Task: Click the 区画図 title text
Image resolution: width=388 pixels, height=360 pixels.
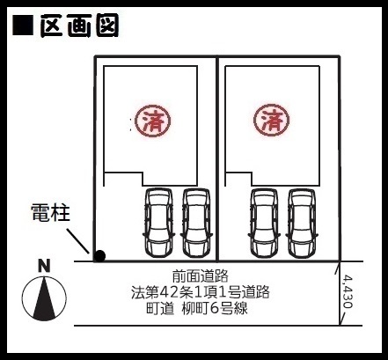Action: click(x=79, y=26)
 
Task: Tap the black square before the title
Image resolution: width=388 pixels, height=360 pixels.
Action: click(x=23, y=26)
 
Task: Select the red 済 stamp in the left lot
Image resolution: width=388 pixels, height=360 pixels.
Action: click(x=152, y=121)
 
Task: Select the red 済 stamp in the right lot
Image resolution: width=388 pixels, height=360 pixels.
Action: click(x=271, y=120)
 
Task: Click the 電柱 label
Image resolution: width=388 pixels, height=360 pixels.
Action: click(x=50, y=212)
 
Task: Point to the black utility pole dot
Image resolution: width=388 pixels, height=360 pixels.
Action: click(x=99, y=256)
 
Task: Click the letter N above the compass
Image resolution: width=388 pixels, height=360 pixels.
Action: click(x=44, y=266)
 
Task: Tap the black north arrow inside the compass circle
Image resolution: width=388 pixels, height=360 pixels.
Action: click(x=44, y=298)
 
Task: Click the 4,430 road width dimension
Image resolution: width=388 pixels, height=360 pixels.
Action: click(x=348, y=291)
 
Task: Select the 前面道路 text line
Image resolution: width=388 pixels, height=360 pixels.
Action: click(x=200, y=276)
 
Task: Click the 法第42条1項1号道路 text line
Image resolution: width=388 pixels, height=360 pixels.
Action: click(x=200, y=292)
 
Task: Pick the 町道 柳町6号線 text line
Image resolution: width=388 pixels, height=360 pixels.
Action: click(x=197, y=308)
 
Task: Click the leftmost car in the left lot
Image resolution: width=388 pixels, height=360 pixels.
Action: click(x=159, y=223)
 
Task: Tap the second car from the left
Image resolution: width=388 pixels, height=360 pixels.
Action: click(x=196, y=223)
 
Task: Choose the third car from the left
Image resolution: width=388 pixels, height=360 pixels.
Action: click(x=264, y=224)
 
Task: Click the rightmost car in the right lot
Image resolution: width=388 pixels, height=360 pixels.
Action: click(x=302, y=224)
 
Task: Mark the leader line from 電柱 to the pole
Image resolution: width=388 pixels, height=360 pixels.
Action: click(x=77, y=241)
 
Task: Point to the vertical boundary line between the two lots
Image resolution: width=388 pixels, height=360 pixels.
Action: click(x=217, y=158)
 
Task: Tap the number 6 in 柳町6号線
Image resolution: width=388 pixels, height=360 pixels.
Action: click(x=215, y=308)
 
